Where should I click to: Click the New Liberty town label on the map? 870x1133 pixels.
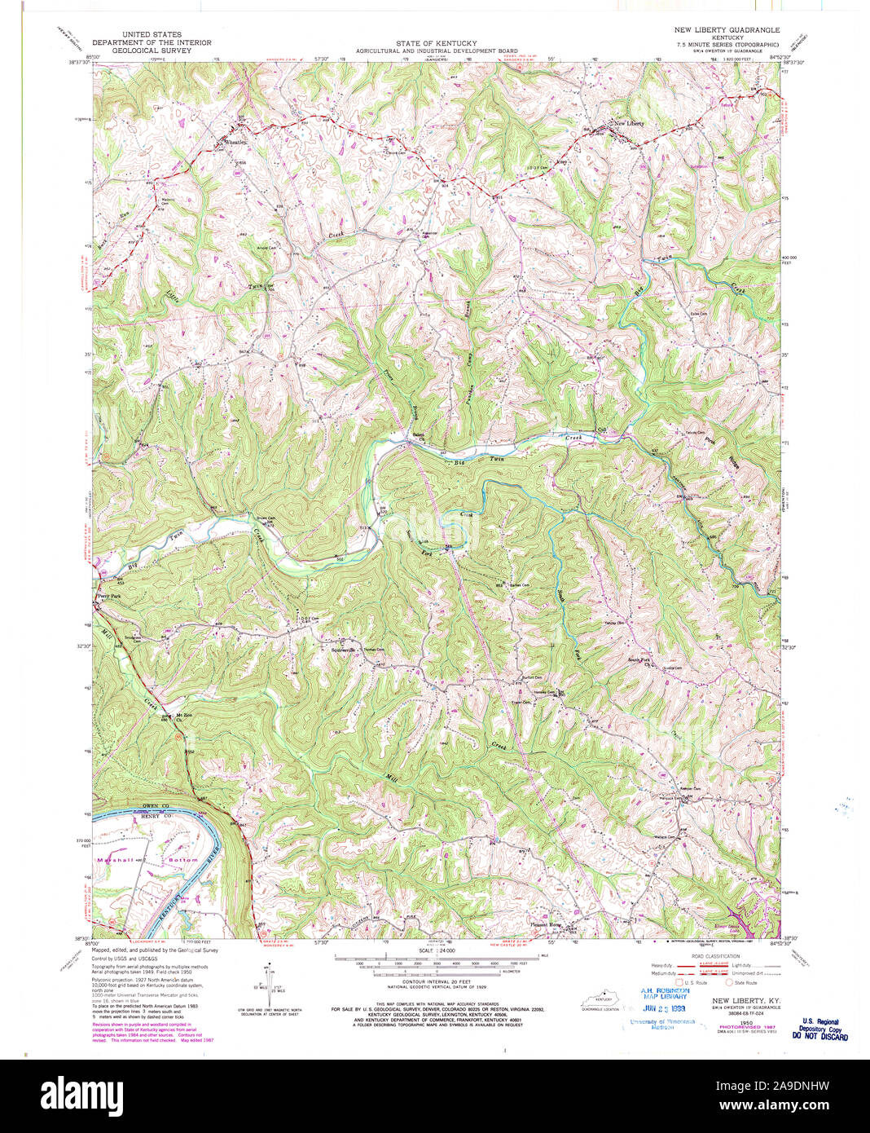click(628, 123)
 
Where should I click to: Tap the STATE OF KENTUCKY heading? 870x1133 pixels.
click(437, 43)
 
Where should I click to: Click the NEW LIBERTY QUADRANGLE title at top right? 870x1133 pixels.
click(727, 29)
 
